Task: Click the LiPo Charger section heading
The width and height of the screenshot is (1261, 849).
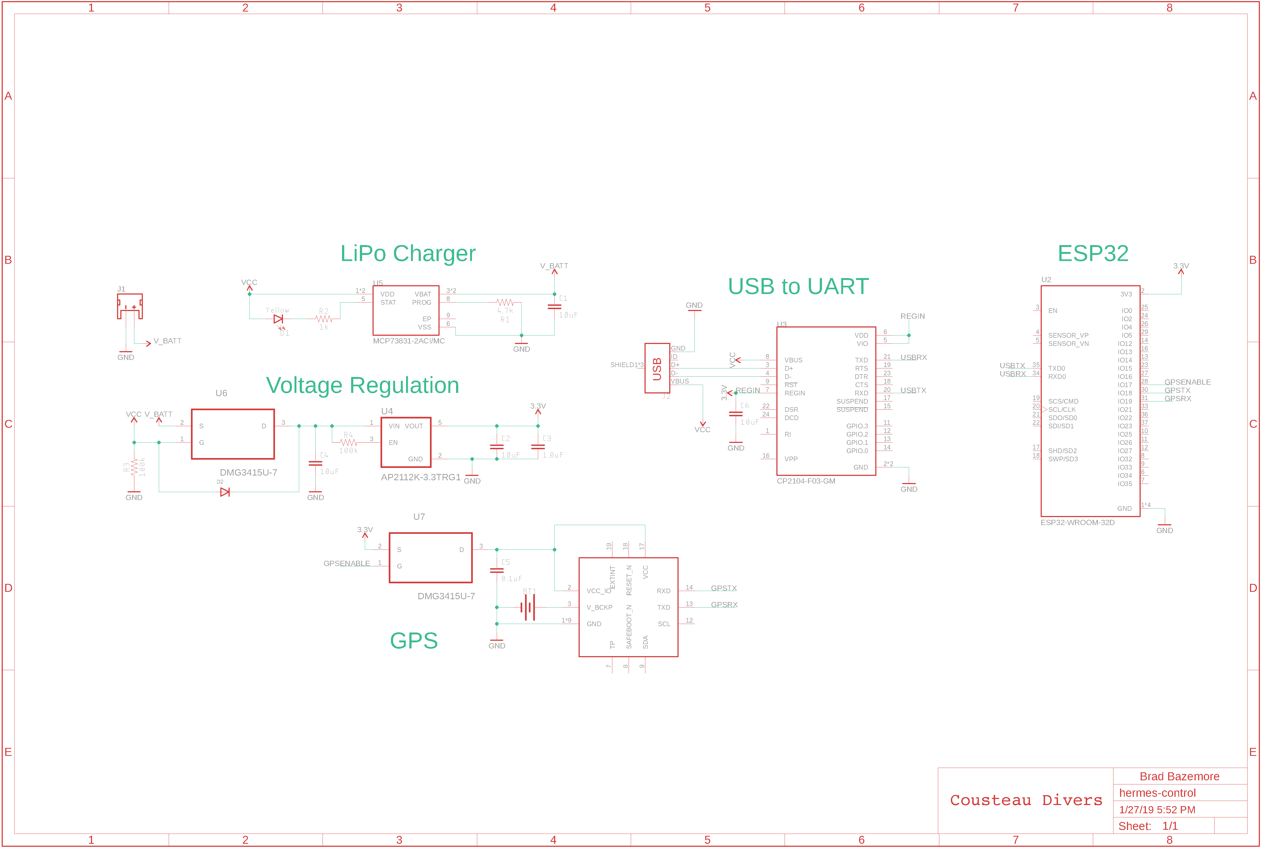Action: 408,253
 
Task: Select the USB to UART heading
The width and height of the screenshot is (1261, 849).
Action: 798,286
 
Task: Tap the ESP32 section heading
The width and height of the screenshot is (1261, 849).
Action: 1093,253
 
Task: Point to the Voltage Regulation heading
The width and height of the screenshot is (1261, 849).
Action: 362,385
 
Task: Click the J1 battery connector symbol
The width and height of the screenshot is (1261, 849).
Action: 130,306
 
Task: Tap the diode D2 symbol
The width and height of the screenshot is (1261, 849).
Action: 225,492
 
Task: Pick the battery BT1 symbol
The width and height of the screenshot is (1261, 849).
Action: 528,607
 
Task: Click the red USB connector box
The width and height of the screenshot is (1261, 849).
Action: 657,368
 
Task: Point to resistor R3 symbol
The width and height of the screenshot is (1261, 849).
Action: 134,467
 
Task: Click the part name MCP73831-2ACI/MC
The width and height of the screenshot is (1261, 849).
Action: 409,341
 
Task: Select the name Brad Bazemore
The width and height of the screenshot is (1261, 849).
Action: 1179,776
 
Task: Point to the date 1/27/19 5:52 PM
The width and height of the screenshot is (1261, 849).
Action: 1157,810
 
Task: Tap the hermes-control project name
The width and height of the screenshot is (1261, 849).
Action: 1157,793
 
